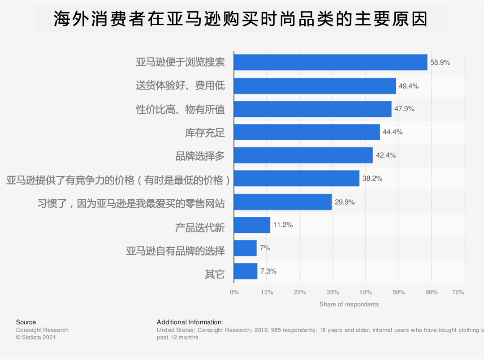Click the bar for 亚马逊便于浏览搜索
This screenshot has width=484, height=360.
(330, 62)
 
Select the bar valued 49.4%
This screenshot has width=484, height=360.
(315, 86)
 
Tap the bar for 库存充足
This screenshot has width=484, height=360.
(307, 132)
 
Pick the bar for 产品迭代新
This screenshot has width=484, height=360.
(252, 225)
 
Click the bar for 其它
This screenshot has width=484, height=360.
(246, 271)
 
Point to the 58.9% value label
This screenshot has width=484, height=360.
(440, 63)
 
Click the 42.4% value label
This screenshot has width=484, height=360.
(386, 155)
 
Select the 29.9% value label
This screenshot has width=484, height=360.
(345, 202)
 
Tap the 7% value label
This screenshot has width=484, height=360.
(265, 248)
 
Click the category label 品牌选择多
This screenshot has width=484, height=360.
(200, 156)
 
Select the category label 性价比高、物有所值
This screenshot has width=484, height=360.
(180, 109)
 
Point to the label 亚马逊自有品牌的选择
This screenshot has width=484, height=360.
(175, 251)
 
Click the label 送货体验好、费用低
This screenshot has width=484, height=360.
(180, 86)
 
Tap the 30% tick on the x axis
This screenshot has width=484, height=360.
(333, 292)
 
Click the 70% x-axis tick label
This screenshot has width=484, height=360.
(458, 292)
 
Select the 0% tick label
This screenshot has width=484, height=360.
(234, 292)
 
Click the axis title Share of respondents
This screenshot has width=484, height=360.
(349, 304)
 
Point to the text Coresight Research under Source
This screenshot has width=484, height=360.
(42, 330)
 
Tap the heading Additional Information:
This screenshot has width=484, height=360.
(190, 322)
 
